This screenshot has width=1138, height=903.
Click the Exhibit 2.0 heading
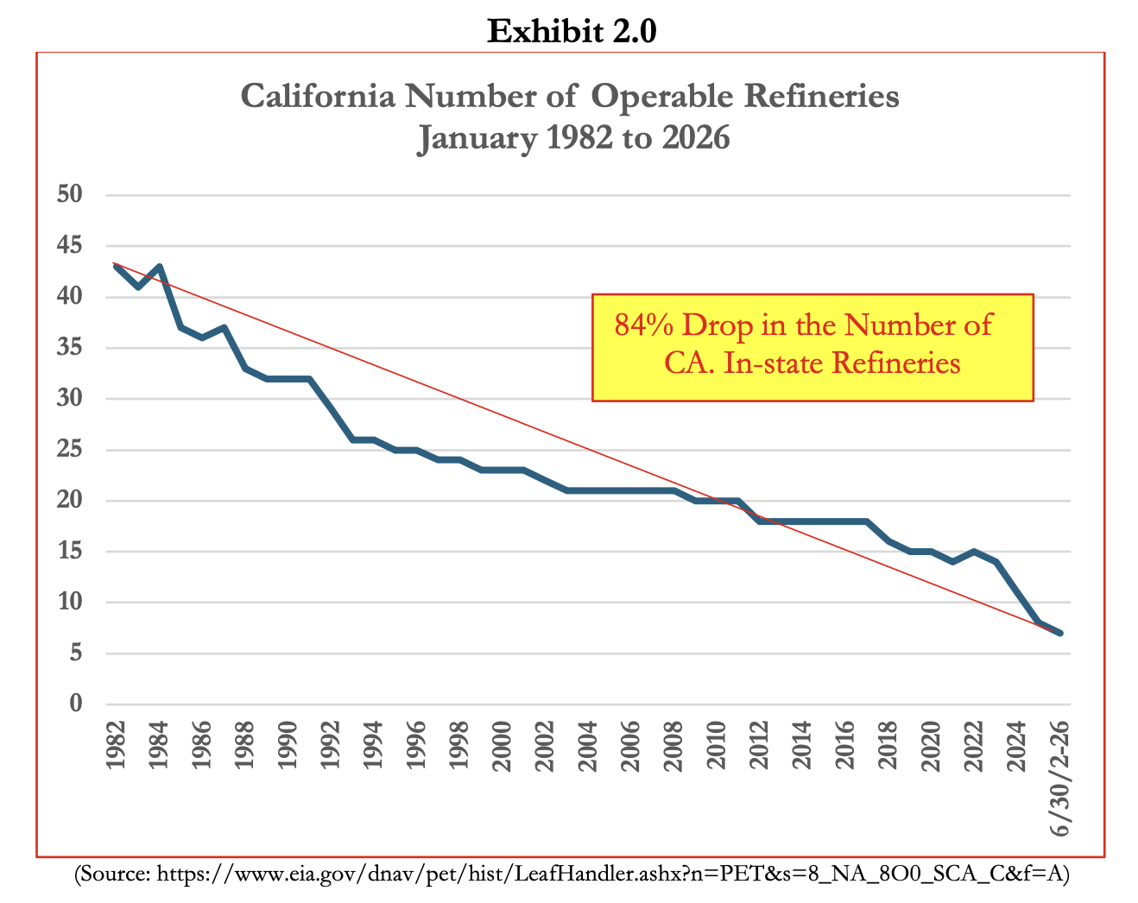tap(572, 32)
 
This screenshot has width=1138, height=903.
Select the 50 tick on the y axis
tap(70, 194)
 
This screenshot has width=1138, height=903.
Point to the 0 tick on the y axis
tap(76, 704)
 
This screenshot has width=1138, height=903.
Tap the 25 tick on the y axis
tap(70, 450)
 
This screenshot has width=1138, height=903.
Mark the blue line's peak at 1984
tap(159, 267)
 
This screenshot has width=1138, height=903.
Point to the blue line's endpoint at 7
tap(1059, 633)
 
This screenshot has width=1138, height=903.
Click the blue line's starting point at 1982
tap(116, 267)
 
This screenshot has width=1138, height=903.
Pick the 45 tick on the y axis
tap(70, 246)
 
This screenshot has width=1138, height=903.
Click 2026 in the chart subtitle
tap(696, 138)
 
